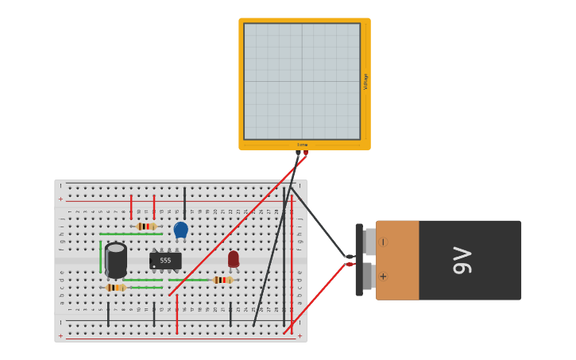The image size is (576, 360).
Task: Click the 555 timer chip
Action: [165, 260]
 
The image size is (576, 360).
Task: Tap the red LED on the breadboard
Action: [233, 259]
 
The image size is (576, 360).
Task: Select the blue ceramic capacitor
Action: [180, 230]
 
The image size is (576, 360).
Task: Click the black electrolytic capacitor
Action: [116, 259]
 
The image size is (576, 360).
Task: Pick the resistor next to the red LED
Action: [222, 280]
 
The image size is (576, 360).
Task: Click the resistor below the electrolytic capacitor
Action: [116, 287]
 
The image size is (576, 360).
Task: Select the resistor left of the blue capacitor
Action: [145, 226]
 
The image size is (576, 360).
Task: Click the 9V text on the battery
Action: [462, 261]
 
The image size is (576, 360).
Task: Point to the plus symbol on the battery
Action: [383, 277]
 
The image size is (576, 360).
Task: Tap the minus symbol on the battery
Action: [383, 242]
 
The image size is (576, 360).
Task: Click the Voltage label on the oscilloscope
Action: [365, 81]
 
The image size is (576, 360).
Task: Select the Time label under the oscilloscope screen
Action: [303, 145]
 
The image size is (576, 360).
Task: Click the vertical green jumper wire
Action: [101, 256]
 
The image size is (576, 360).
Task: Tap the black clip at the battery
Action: [349, 257]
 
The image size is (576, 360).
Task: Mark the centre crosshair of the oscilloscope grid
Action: [302, 81]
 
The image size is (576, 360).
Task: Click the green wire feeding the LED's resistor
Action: [189, 280]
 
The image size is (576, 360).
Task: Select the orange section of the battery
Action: [397, 260]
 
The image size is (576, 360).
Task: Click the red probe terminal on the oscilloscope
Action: [306, 153]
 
